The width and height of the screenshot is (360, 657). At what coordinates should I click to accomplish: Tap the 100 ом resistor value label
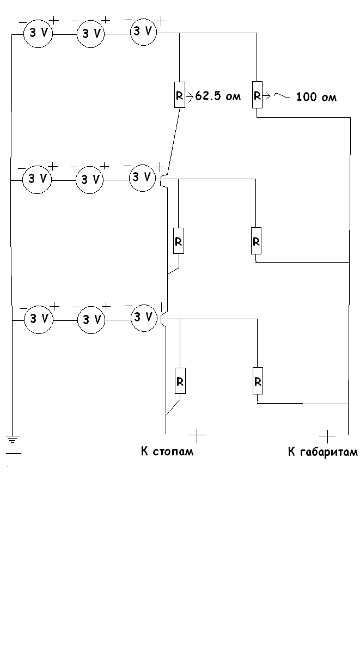pyautogui.click(x=316, y=98)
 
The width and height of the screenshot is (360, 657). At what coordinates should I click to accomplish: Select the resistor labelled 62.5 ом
pyautogui.click(x=179, y=96)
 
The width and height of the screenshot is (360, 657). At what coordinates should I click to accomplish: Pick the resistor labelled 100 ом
pyautogui.click(x=257, y=96)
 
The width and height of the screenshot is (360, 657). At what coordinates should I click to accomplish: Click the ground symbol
pyautogui.click(x=12, y=439)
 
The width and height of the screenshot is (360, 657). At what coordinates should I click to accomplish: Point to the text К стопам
pyautogui.click(x=167, y=452)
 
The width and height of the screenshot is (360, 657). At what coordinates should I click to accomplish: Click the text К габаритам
pyautogui.click(x=322, y=452)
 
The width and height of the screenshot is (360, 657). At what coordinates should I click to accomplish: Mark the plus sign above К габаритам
pyautogui.click(x=327, y=435)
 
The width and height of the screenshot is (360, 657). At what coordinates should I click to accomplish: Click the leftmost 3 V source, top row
pyautogui.click(x=37, y=34)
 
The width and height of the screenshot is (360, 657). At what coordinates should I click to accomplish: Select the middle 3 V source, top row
pyautogui.click(x=91, y=34)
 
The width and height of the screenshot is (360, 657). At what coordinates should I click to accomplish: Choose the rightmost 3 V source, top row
pyautogui.click(x=143, y=32)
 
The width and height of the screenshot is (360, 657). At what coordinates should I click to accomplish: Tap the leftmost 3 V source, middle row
pyautogui.click(x=37, y=178)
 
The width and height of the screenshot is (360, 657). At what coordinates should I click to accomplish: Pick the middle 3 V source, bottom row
pyautogui.click(x=92, y=320)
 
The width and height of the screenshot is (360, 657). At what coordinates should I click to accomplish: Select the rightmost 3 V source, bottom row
pyautogui.click(x=144, y=317)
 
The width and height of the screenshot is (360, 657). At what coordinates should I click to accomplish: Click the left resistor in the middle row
pyautogui.click(x=179, y=240)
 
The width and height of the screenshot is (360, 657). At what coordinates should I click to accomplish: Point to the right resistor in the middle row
pyautogui.click(x=257, y=240)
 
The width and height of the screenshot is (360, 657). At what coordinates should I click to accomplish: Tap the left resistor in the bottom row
pyautogui.click(x=180, y=381)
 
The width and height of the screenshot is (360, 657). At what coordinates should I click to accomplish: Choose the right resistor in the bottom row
pyautogui.click(x=258, y=381)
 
